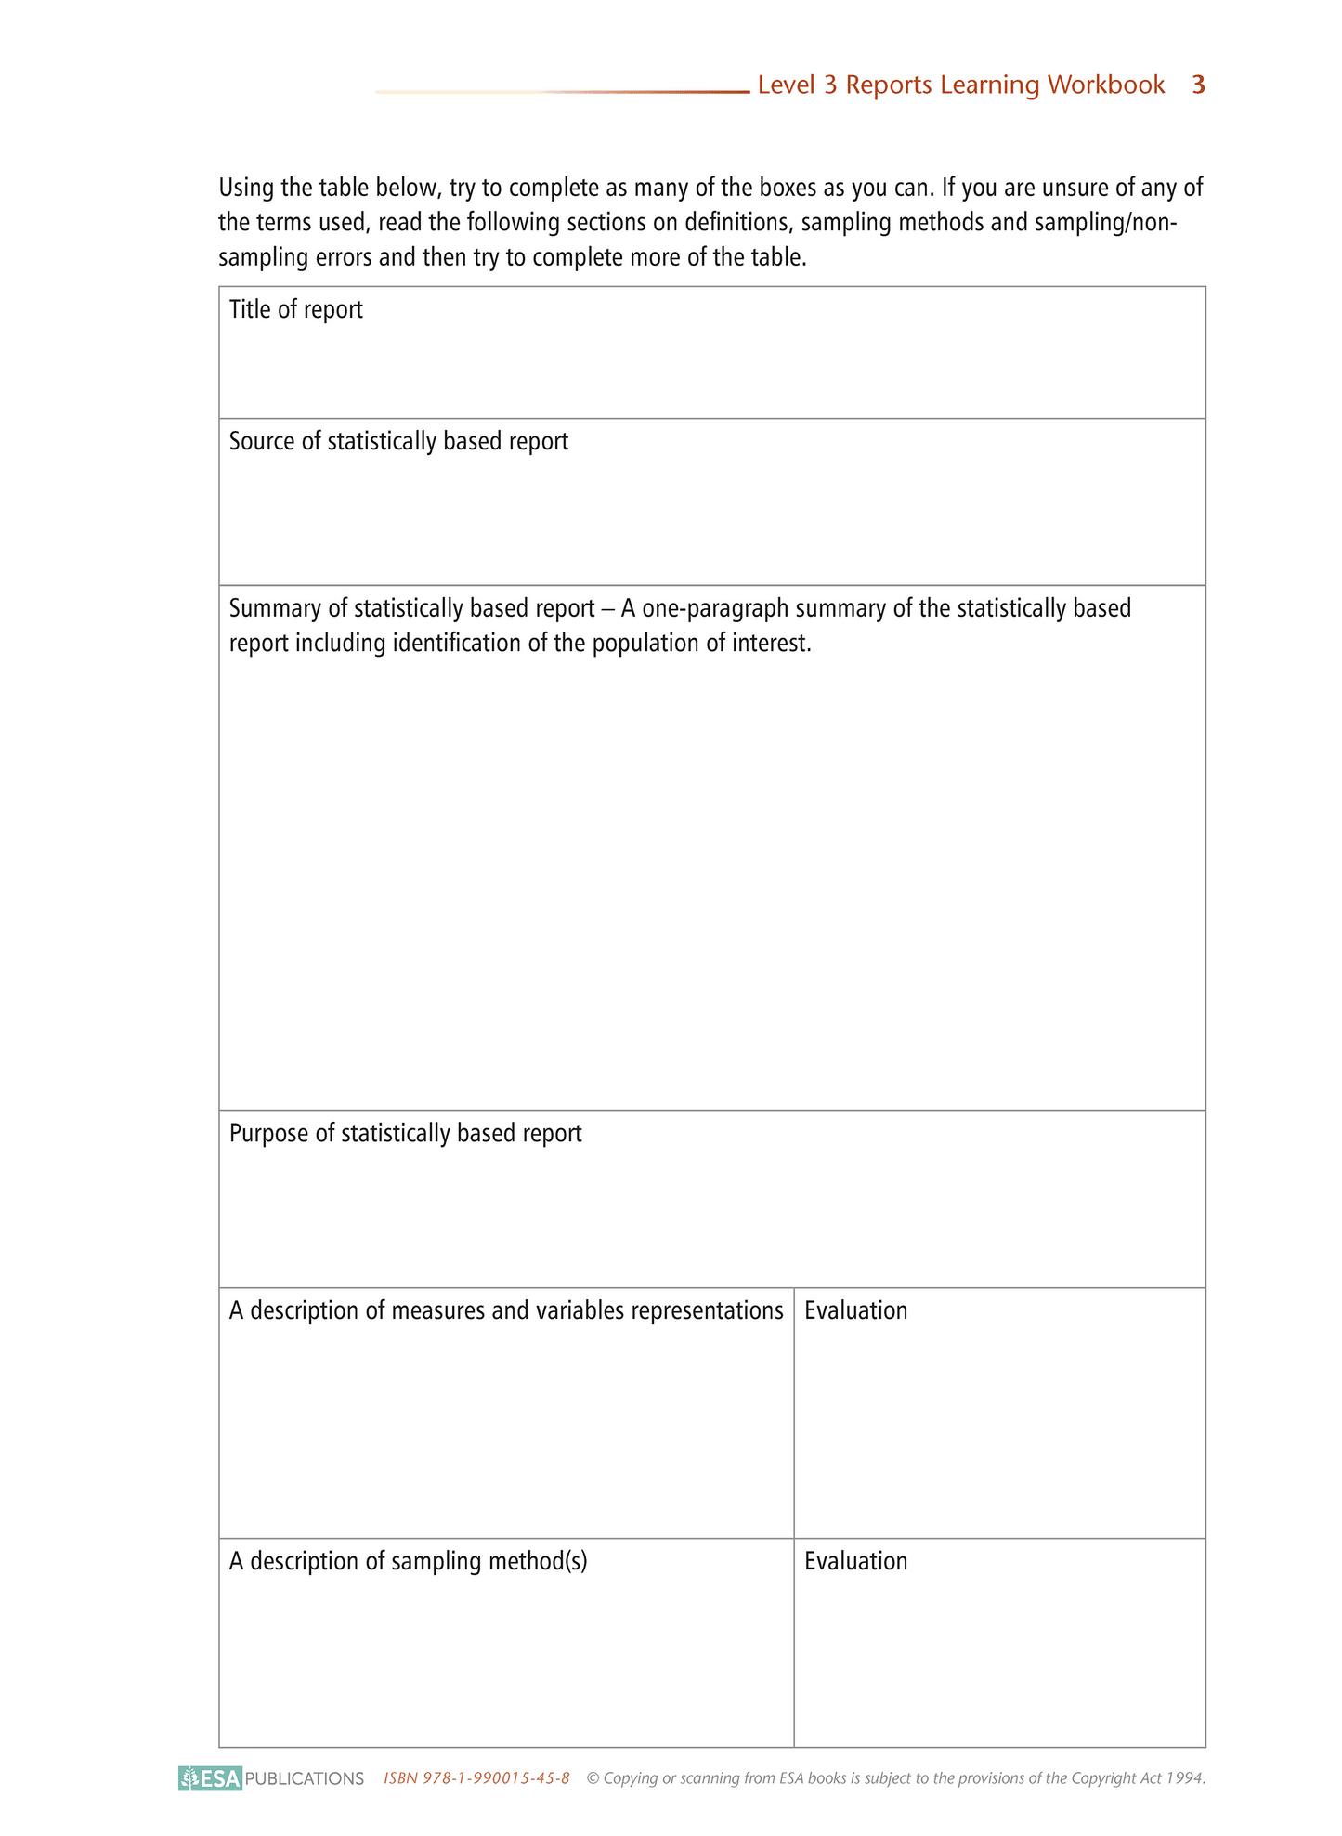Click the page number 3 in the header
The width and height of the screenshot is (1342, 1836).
tap(1198, 85)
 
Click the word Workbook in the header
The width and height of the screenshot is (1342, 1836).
tap(1106, 85)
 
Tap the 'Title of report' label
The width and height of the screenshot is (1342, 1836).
tap(295, 310)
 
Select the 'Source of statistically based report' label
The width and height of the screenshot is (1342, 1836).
tap(398, 442)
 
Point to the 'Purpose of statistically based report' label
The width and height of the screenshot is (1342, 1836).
tap(405, 1134)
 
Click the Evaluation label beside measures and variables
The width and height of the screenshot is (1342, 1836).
tap(855, 1311)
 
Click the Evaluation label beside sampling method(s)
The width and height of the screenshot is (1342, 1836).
tap(855, 1562)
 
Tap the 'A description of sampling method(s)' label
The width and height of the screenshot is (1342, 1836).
tap(408, 1562)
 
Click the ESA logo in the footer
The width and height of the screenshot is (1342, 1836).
tap(211, 1778)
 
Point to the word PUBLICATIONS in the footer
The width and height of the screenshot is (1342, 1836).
tap(305, 1779)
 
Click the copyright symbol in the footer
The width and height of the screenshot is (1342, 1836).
tap(593, 1778)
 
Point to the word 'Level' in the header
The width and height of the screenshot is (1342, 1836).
tap(785, 85)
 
